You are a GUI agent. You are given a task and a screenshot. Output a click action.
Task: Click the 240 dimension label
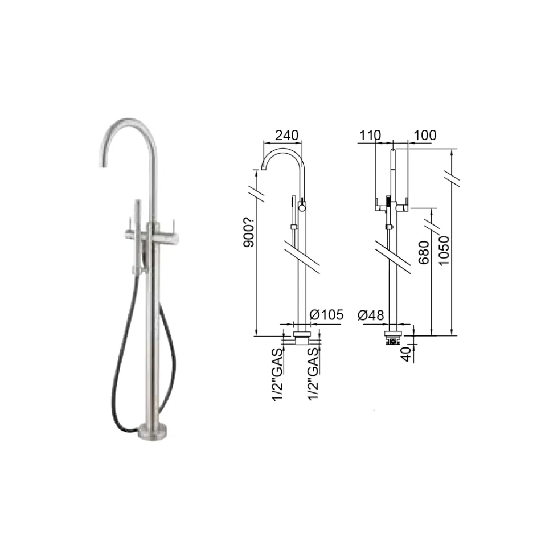click(286, 136)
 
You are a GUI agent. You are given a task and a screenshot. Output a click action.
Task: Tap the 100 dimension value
click(425, 136)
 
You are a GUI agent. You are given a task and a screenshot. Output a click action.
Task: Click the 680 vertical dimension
click(424, 260)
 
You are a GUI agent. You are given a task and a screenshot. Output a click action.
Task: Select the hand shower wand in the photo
click(137, 239)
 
